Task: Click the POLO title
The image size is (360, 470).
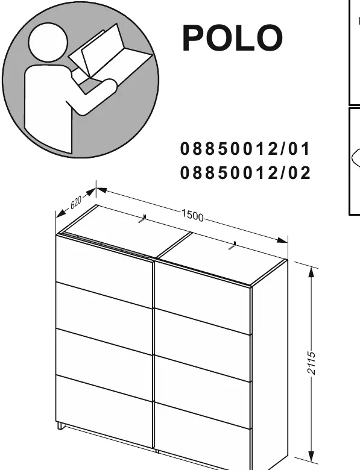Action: pos(233,38)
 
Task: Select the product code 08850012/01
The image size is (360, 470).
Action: pos(245,149)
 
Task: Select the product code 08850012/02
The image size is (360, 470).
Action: pos(245,173)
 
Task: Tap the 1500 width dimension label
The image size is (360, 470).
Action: pos(192,215)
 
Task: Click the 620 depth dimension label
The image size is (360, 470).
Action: pos(76,203)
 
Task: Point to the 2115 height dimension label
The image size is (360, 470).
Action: pos(312,363)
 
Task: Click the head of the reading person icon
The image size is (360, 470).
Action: pos(48,42)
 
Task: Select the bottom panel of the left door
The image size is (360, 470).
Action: pos(104,412)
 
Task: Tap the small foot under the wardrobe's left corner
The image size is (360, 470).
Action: pos(60,425)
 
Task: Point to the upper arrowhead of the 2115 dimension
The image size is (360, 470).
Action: pos(312,272)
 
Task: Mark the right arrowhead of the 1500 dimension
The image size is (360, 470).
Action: pos(282,240)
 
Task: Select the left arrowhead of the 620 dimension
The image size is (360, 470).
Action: pos(61,213)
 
